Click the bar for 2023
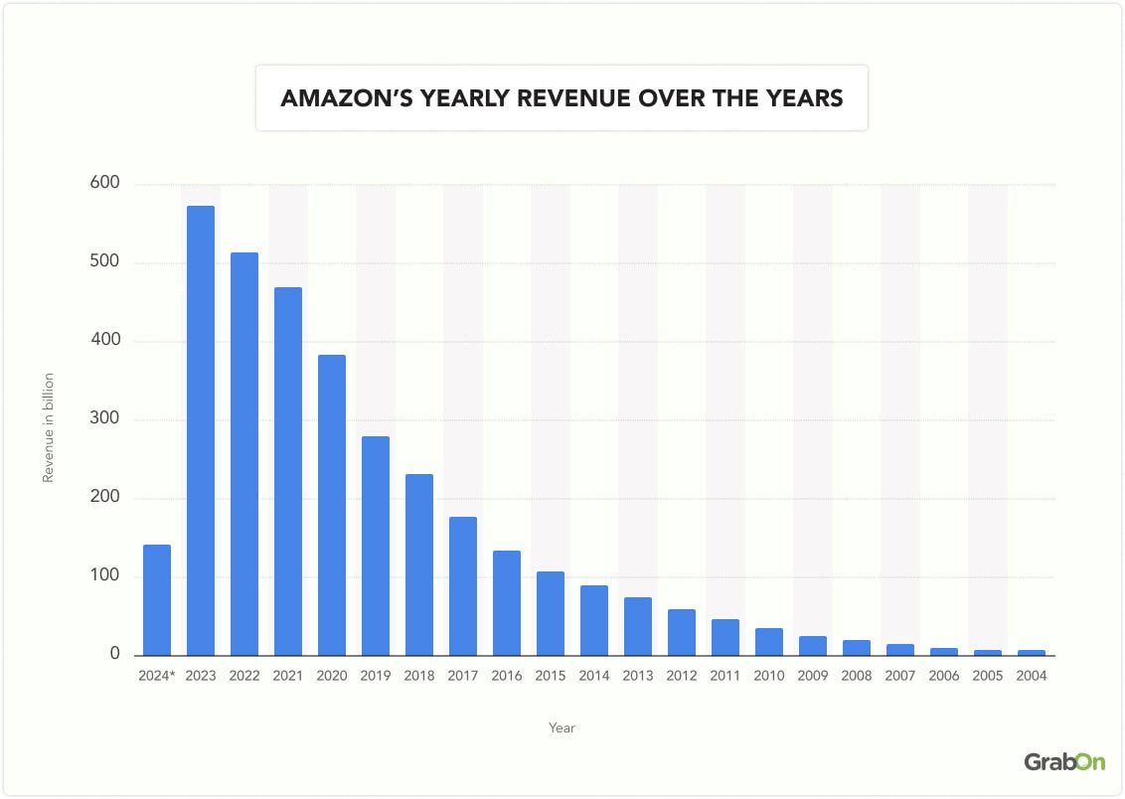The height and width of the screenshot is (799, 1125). (201, 430)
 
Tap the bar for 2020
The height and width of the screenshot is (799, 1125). (332, 505)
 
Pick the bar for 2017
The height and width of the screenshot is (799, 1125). (463, 586)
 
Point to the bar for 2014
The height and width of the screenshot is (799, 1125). (594, 620)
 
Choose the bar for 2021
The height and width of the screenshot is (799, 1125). (288, 471)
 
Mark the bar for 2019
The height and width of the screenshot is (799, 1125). (376, 546)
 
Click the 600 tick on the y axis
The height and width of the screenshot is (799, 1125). (106, 184)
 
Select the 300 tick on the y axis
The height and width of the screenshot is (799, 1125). (106, 419)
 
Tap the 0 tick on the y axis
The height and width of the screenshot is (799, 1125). (114, 655)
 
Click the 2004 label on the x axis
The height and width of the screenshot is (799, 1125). (1032, 676)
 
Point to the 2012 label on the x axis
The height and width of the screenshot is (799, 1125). (682, 676)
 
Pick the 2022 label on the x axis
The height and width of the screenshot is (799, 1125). (244, 676)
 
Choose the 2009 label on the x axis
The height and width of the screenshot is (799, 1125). (813, 676)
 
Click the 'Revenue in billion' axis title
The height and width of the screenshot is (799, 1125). (48, 428)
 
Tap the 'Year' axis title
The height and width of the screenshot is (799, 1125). (562, 727)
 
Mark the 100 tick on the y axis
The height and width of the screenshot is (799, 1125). (106, 576)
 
